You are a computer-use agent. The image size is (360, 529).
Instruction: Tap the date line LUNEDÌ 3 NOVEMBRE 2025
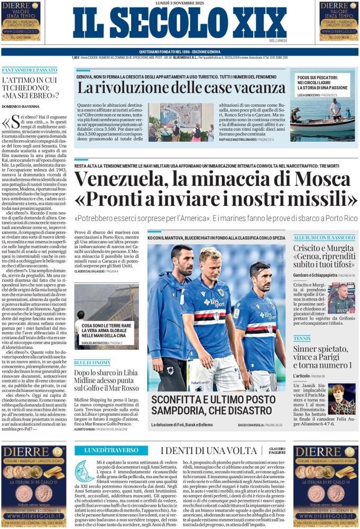(180, 4)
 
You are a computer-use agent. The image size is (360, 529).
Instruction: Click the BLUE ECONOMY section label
(93, 362)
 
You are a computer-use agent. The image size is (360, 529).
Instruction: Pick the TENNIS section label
(302, 338)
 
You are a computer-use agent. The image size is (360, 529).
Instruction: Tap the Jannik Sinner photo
(341, 398)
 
